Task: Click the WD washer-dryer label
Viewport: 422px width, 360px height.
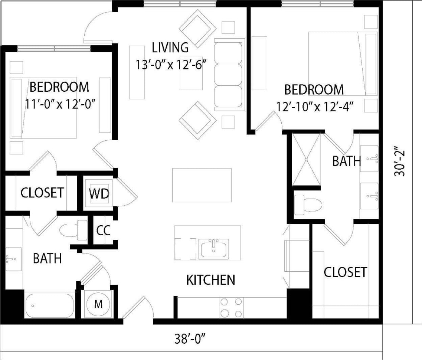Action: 99,194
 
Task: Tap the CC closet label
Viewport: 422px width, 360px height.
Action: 103,230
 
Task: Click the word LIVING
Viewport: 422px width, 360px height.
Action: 170,48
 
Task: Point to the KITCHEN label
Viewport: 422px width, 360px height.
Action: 210,280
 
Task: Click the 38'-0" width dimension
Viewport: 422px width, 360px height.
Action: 190,339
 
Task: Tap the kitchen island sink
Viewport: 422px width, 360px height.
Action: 214,249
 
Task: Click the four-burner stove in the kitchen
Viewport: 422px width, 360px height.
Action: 231,308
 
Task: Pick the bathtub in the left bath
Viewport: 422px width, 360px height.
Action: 50,306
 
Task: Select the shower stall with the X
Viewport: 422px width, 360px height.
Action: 306,159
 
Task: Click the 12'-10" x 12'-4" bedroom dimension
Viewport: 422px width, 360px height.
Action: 314,106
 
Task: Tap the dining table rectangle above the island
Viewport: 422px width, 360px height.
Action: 202,185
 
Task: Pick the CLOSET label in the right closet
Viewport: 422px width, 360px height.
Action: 345,272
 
